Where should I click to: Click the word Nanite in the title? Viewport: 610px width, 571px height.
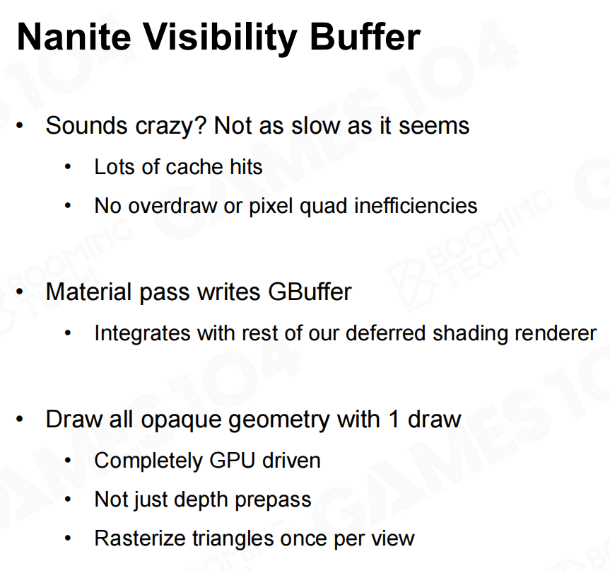pyautogui.click(x=74, y=37)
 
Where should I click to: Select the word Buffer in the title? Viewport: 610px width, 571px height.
pyautogui.click(x=365, y=37)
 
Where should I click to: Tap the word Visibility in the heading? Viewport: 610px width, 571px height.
pyautogui.click(x=221, y=38)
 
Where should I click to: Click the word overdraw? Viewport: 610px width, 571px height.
pyautogui.click(x=172, y=206)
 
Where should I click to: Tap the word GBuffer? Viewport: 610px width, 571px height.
pyautogui.click(x=310, y=292)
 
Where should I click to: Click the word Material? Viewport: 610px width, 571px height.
pyautogui.click(x=88, y=292)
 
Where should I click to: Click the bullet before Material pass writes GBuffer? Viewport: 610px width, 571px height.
pyautogui.click(x=20, y=292)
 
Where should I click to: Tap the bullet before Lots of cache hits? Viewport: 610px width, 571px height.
pyautogui.click(x=68, y=167)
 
